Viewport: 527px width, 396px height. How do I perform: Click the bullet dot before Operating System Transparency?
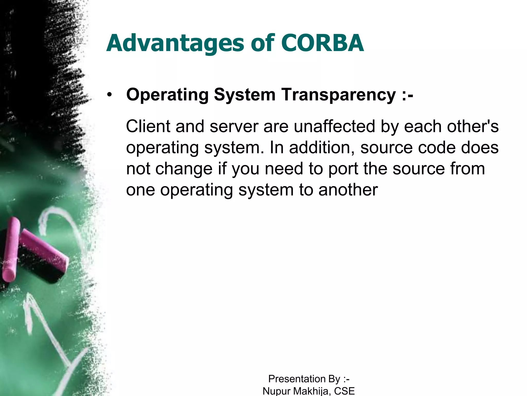pyautogui.click(x=110, y=95)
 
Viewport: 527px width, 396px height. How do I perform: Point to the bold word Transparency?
pyautogui.click(x=338, y=95)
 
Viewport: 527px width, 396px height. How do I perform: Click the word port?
pyautogui.click(x=343, y=169)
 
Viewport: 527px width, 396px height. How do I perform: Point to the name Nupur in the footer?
pyautogui.click(x=277, y=391)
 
